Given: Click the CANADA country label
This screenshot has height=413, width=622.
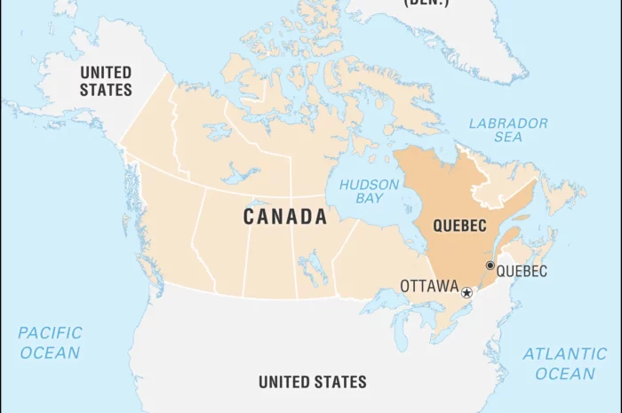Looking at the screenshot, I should pyautogui.click(x=284, y=217).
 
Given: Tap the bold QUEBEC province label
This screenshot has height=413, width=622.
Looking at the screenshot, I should pyautogui.click(x=459, y=226).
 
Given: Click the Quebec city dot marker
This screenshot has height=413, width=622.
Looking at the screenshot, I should pyautogui.click(x=490, y=265).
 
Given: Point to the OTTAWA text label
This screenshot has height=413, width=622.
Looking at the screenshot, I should pyautogui.click(x=428, y=286).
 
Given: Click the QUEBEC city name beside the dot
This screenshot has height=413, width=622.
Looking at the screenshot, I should pyautogui.click(x=522, y=272).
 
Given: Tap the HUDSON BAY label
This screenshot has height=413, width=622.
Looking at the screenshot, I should pyautogui.click(x=374, y=192).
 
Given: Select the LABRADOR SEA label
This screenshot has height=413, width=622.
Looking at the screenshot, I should pyautogui.click(x=508, y=131).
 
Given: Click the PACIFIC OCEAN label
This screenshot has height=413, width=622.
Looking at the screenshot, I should pyautogui.click(x=50, y=343).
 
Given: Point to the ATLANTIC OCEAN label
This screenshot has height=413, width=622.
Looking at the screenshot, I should pyautogui.click(x=564, y=363).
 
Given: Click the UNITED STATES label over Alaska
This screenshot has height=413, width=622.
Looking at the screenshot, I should pyautogui.click(x=106, y=81).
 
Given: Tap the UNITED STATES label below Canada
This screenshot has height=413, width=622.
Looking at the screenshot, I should pyautogui.click(x=312, y=382).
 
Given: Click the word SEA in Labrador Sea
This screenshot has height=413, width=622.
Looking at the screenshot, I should pyautogui.click(x=508, y=139).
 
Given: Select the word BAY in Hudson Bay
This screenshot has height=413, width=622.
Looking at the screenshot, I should pyautogui.click(x=371, y=200).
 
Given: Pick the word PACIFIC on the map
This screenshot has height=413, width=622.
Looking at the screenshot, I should pyautogui.click(x=50, y=334).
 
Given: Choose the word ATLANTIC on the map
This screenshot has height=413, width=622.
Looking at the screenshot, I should pyautogui.click(x=565, y=353).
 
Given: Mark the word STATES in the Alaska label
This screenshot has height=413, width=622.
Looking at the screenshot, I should pyautogui.click(x=106, y=90).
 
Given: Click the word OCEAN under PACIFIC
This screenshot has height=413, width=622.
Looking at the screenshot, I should pyautogui.click(x=50, y=353).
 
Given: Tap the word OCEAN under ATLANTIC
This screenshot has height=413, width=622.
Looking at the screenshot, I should pyautogui.click(x=564, y=373).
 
